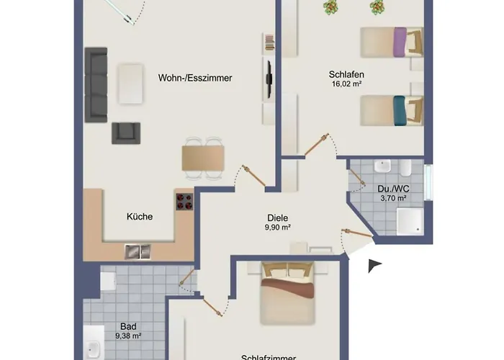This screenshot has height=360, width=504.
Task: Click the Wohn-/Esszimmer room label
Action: coord(195,79)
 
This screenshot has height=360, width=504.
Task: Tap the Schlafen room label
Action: coord(346,75)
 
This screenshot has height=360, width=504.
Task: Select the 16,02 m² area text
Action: coord(346,84)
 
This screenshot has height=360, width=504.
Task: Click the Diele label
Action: coord(277,217)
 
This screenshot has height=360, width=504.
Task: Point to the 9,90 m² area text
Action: coord(277,228)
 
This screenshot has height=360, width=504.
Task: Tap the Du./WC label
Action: coord(392,189)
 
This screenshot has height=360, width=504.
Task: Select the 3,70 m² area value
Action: coord(392,198)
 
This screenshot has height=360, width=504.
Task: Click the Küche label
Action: coord(139,216)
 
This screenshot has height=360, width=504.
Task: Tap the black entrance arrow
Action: coord(374,266)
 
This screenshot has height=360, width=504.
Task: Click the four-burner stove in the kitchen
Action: coord(184,202)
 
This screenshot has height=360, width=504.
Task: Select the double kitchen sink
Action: coord(138,251)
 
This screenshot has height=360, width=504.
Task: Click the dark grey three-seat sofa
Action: coord(96,84)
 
